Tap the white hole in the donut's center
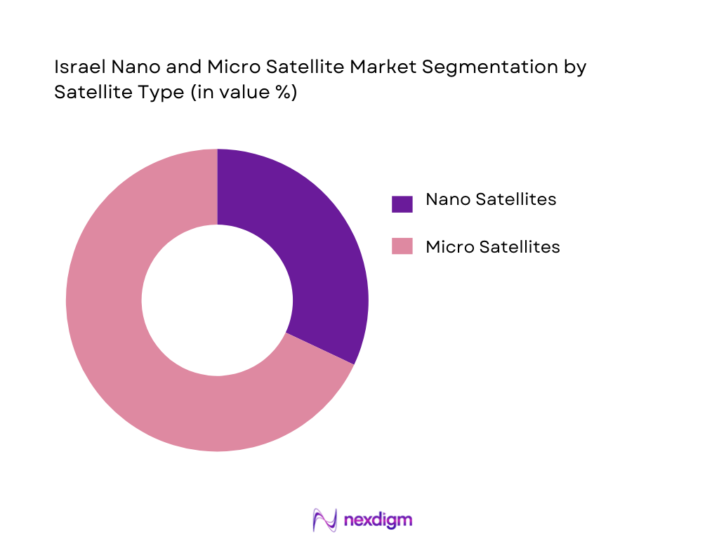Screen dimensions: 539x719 (217, 300)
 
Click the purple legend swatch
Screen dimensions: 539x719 (402, 204)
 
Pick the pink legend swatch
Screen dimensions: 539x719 (402, 246)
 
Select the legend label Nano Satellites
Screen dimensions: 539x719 (491, 199)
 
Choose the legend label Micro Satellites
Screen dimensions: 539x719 (492, 246)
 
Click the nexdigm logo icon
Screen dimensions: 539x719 (325, 520)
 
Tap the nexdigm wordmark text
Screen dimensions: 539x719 (378, 520)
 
